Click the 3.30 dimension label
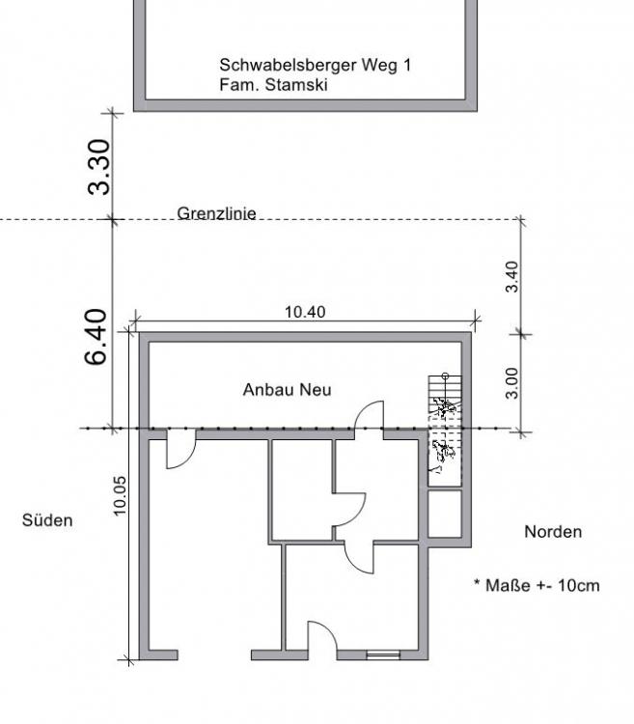[x=99, y=167]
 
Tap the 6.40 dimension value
[x=96, y=337]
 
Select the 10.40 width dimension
[x=305, y=312]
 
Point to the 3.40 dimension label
[x=511, y=277]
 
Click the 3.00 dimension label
[x=511, y=383]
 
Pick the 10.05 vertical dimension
[x=119, y=495]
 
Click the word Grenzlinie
[x=216, y=213]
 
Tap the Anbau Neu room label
[x=287, y=390]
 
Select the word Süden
[x=47, y=520]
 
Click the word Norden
[x=553, y=532]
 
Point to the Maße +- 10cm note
[x=542, y=586]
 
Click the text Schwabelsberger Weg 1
[x=315, y=65]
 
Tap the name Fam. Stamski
[x=273, y=85]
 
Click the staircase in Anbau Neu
[x=445, y=430]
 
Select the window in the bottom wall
[x=383, y=654]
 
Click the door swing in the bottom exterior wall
[x=322, y=636]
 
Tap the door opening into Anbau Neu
[x=369, y=415]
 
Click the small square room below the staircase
[x=445, y=514]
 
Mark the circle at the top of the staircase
[x=445, y=376]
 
